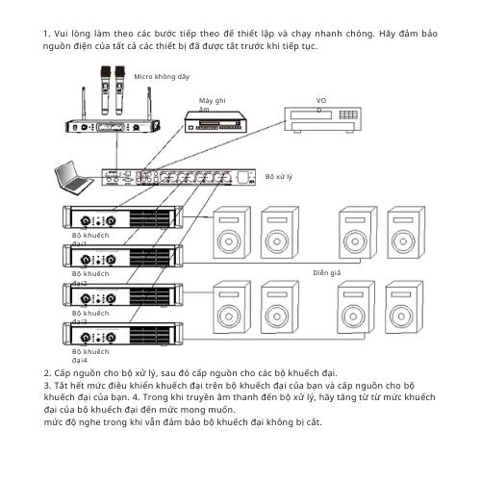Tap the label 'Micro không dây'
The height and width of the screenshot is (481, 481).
coord(162,77)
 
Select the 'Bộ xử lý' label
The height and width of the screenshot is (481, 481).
coord(279,177)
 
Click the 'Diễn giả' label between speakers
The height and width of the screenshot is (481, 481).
coord(327,273)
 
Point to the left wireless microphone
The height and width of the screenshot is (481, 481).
coord(106,90)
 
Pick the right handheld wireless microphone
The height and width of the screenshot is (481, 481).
coord(119,90)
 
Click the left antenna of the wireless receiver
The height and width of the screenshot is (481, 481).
coord(84,103)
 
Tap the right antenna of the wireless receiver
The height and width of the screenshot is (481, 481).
coord(149,103)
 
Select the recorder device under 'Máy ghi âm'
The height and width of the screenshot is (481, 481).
coord(215,121)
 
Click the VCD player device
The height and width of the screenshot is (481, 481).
coord(323,119)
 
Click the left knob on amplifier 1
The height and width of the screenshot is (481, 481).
coord(85,220)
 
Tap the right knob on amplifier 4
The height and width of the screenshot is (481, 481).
coord(111,337)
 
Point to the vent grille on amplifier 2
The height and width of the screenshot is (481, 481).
coord(150,257)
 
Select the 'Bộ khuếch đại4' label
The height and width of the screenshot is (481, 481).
coord(90,356)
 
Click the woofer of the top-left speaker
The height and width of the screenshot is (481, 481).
coord(229,241)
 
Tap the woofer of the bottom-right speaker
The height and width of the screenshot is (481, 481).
coord(401,316)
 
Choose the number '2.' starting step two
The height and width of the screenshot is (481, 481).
coord(47,373)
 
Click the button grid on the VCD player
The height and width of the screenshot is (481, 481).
coord(348,114)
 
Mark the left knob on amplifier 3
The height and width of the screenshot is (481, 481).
coord(85,298)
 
